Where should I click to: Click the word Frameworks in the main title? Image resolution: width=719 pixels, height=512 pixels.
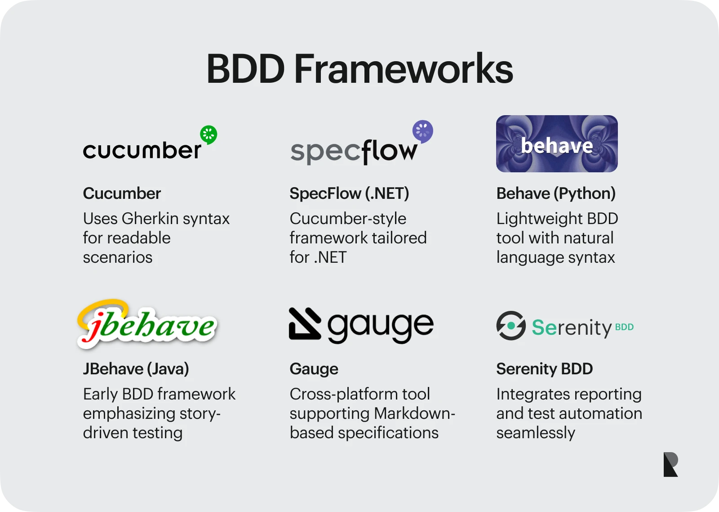pos(404,69)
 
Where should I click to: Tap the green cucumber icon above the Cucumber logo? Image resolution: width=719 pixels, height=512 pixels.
pos(209,135)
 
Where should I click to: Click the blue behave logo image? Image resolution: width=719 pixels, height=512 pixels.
pos(557,144)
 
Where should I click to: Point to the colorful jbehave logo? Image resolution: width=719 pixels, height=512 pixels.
pos(147,324)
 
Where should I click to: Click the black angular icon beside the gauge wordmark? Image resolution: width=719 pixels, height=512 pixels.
pos(305,323)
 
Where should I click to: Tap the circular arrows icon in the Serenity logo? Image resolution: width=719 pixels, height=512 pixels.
pos(511,326)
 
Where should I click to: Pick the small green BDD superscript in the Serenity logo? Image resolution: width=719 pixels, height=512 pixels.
pos(624,327)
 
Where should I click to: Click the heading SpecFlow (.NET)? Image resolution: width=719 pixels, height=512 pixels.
pos(349,193)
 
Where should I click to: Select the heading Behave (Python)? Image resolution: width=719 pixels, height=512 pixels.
pos(556,193)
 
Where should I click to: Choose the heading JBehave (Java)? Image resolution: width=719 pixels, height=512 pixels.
pos(136,369)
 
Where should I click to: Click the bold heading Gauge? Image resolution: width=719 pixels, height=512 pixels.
pos(314,369)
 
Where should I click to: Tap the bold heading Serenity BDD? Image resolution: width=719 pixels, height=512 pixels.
pos(544,369)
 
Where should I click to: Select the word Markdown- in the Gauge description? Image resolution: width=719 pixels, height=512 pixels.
pos(414,413)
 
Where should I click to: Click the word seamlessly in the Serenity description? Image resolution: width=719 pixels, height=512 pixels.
pos(536,433)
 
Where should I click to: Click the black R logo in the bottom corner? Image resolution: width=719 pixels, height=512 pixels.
pos(670,464)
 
